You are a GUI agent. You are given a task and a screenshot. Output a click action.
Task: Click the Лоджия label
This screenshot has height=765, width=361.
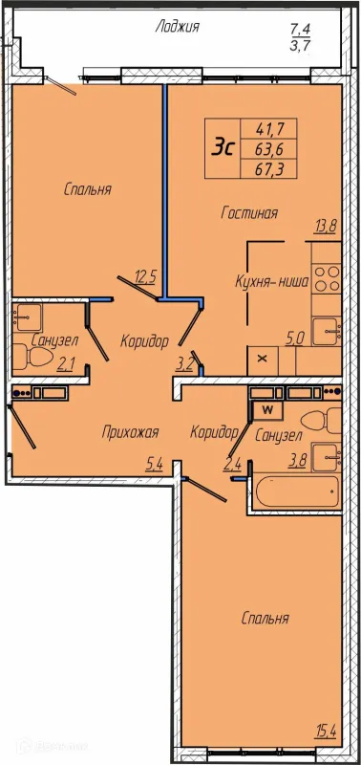[178, 27]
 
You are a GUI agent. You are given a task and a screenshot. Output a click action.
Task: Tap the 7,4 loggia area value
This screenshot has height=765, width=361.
[300, 29]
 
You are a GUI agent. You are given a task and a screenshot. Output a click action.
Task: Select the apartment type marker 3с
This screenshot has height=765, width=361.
[223, 147]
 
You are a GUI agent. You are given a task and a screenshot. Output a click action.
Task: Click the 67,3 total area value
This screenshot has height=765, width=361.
[269, 168]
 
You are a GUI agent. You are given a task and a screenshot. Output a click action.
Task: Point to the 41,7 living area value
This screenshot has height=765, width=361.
[269, 129]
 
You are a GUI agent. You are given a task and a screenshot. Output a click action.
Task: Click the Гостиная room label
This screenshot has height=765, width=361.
[249, 213]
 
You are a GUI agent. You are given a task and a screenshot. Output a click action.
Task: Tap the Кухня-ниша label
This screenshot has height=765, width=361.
[272, 281]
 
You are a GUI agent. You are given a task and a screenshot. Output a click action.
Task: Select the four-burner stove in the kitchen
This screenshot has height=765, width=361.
[327, 278]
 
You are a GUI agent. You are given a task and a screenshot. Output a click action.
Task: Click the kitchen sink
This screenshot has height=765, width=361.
[327, 332]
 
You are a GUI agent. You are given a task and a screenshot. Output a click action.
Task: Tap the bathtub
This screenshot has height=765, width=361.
[296, 492]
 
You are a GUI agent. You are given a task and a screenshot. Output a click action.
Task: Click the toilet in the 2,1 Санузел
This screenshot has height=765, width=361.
[32, 357]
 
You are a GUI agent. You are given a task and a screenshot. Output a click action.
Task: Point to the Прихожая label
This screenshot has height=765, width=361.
[131, 432]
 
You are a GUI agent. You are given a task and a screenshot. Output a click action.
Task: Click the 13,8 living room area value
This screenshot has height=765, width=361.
[327, 228]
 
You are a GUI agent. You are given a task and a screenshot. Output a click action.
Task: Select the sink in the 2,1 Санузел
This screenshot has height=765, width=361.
[28, 317]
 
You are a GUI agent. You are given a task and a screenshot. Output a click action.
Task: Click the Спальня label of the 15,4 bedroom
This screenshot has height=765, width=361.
[265, 619]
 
